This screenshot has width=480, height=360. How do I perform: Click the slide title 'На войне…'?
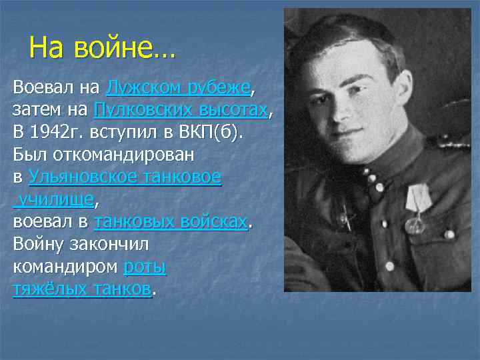tap(103, 47)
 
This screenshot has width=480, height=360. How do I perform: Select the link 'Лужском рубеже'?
tap(178, 87)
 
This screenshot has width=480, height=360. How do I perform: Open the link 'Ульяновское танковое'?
tap(125, 178)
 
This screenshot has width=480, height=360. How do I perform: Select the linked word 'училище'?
tap(56, 199)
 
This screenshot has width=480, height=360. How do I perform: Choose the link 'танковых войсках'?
tap(171, 222)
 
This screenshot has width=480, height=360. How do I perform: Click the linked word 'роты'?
tap(145, 267)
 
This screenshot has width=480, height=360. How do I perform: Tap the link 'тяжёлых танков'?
tap(82, 290)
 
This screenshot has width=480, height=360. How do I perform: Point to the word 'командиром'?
tap(65, 267)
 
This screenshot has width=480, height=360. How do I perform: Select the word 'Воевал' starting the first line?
tap(41, 87)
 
